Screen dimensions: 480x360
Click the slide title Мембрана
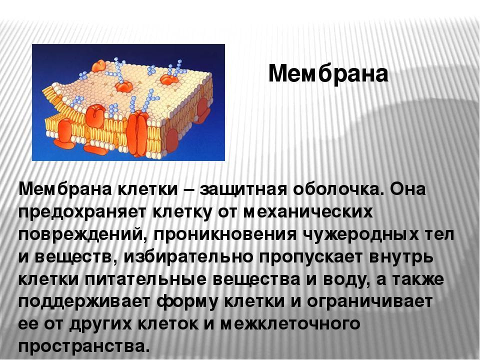click(x=328, y=73)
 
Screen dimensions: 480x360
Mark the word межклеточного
click(x=290, y=324)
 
